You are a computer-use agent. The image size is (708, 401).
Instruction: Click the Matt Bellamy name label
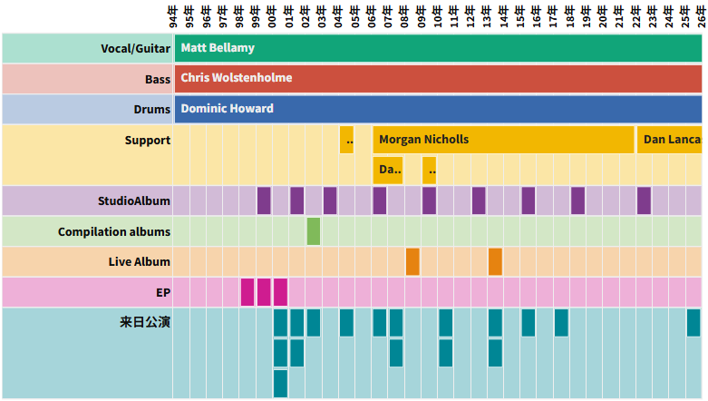pyautogui.click(x=218, y=47)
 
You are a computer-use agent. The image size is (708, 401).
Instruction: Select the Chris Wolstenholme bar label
pyautogui.click(x=237, y=78)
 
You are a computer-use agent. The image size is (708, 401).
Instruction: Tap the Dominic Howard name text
pyautogui.click(x=227, y=109)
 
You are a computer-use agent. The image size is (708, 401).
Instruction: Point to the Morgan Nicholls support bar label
pyautogui.click(x=424, y=140)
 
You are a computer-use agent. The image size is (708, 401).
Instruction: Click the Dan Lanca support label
pyautogui.click(x=672, y=140)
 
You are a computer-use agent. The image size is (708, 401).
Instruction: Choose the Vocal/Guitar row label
pyautogui.click(x=136, y=48)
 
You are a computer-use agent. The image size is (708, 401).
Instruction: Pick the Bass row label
pyautogui.click(x=158, y=79)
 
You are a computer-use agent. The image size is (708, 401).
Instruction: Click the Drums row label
pyautogui.click(x=152, y=110)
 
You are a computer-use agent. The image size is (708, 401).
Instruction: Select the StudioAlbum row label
pyautogui.click(x=134, y=200)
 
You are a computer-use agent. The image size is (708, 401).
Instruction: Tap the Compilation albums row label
pyautogui.click(x=114, y=231)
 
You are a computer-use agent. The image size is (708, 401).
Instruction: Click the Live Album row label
pyautogui.click(x=140, y=262)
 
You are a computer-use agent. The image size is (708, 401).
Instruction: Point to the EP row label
pyautogui.click(x=163, y=293)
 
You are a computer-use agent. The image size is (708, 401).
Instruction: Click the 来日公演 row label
pyautogui.click(x=145, y=322)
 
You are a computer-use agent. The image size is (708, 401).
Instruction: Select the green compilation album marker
pyautogui.click(x=314, y=231)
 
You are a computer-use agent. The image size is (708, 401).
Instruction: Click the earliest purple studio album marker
pyautogui.click(x=264, y=200)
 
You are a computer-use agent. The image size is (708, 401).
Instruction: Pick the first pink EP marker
pyautogui.click(x=247, y=292)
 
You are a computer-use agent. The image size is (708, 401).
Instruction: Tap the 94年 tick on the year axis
pyautogui.click(x=173, y=15)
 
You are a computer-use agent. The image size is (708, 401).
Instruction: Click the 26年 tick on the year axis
pyautogui.click(x=701, y=15)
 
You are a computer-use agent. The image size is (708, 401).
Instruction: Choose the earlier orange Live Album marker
pyautogui.click(x=412, y=261)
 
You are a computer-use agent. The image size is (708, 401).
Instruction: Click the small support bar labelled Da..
pyautogui.click(x=388, y=170)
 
